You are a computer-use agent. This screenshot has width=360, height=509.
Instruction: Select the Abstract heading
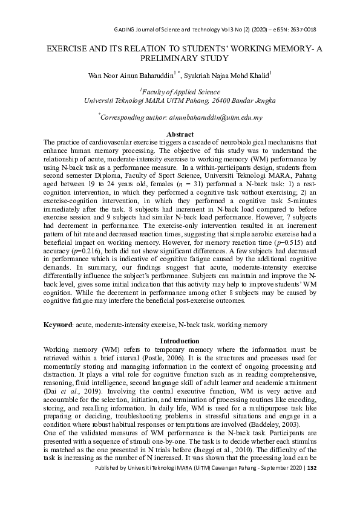[180, 134]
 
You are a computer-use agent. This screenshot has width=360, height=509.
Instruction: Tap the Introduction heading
[180, 341]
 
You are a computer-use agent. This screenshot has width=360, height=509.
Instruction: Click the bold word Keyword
[57, 325]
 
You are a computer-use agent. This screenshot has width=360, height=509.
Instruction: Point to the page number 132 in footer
[311, 501]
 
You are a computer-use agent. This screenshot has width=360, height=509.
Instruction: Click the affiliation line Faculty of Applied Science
[181, 91]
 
